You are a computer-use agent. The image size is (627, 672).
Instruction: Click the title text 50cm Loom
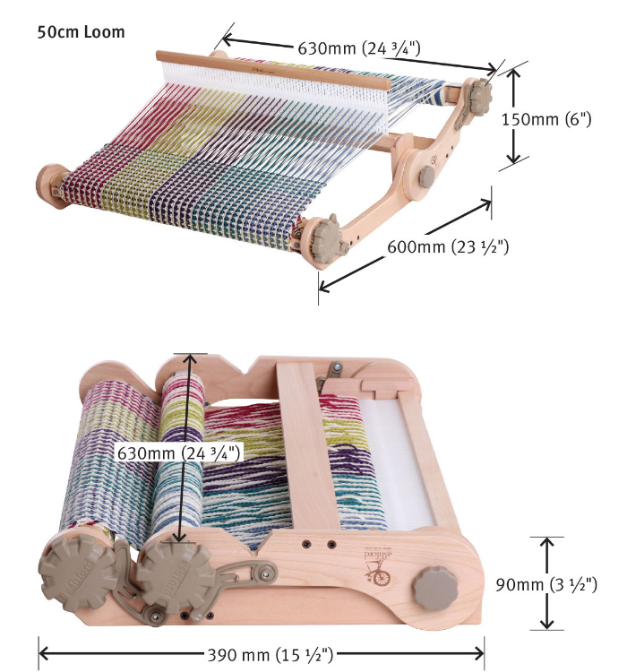[x=82, y=32]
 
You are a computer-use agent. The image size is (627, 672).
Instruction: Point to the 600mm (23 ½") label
[x=448, y=246]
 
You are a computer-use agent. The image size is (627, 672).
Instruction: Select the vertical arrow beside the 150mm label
[x=513, y=117]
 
